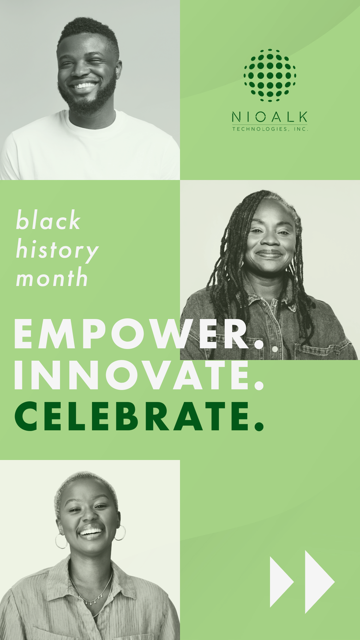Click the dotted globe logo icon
click(270, 75)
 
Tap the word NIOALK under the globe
click(270, 117)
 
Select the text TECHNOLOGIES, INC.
click(270, 129)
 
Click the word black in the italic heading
click(48, 219)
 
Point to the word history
click(57, 249)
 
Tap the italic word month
click(52, 277)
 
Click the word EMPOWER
click(139, 334)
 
